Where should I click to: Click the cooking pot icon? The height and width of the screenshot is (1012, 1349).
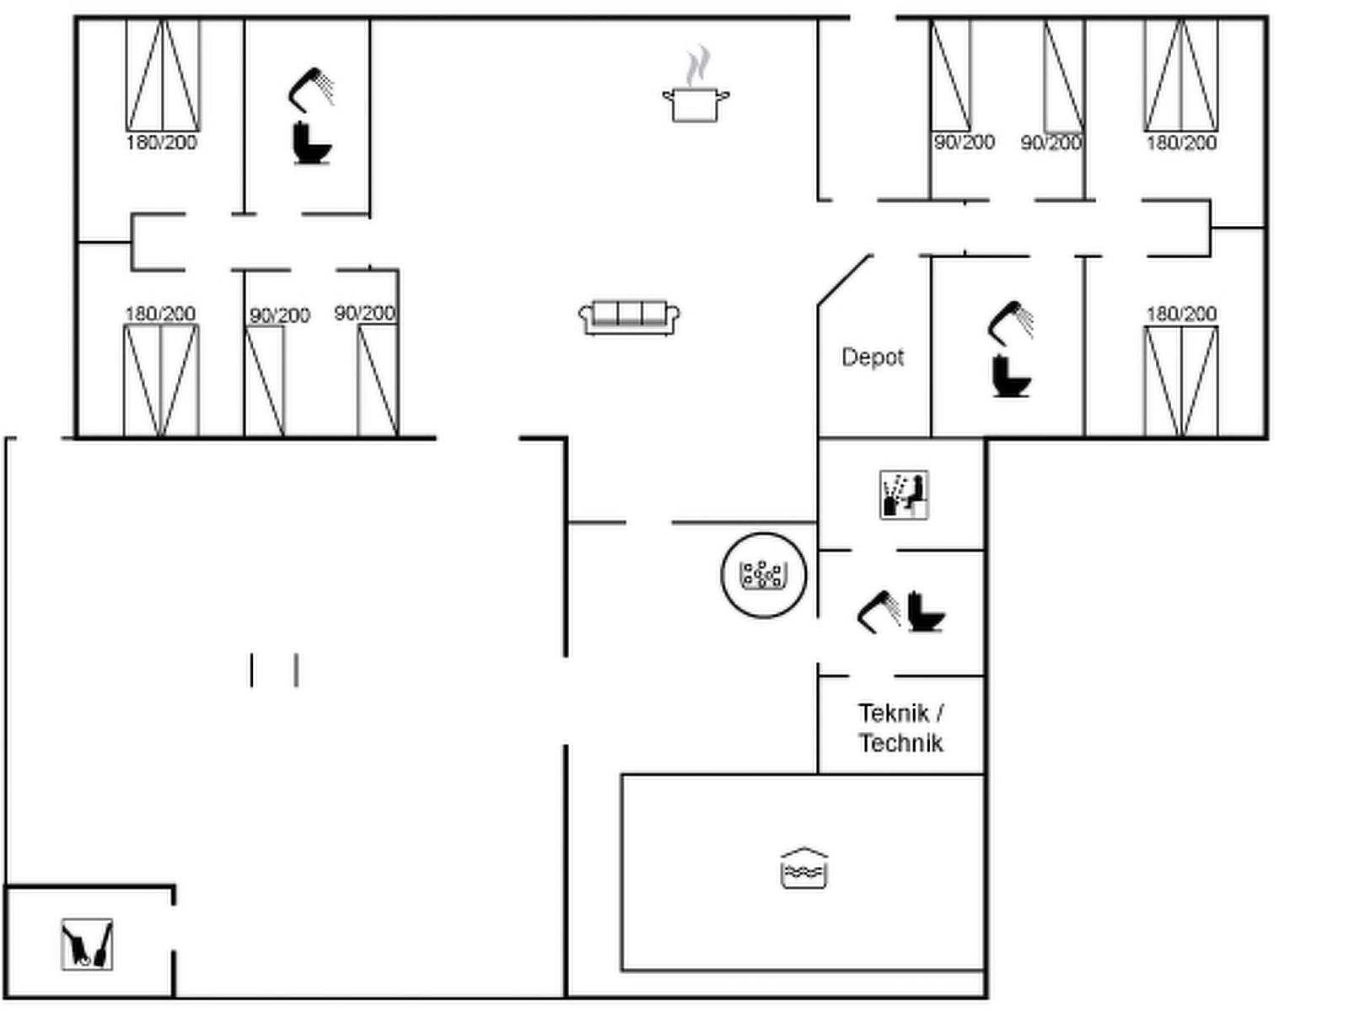click(x=696, y=105)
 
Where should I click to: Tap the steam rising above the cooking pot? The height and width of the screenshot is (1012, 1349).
click(x=697, y=65)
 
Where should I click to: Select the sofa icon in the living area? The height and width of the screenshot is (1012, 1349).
click(x=629, y=317)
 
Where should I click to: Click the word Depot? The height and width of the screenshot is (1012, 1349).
click(x=873, y=357)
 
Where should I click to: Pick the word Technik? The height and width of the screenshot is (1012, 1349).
click(x=901, y=743)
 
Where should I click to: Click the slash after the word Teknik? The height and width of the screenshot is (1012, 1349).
click(x=939, y=713)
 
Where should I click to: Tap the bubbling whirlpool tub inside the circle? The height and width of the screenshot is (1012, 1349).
click(x=764, y=575)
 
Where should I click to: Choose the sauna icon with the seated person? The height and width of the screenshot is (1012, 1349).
click(x=904, y=495)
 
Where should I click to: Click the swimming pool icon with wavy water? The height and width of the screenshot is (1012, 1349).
click(x=803, y=869)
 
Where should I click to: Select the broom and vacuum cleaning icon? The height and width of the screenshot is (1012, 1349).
click(x=88, y=945)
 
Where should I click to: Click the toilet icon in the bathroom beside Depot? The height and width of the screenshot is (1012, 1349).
click(x=1011, y=376)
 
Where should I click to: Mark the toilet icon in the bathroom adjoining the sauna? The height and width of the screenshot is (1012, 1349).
click(x=926, y=611)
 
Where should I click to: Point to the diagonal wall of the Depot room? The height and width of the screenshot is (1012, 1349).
click(x=844, y=280)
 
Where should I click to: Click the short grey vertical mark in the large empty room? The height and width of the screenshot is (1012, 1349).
click(x=297, y=670)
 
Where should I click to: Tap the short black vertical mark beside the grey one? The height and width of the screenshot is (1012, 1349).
click(x=251, y=670)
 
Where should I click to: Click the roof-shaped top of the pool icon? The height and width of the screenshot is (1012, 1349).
click(x=803, y=853)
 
